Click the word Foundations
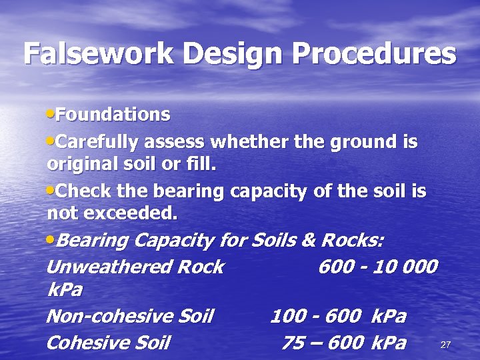113,115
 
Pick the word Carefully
97,142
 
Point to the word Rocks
353,239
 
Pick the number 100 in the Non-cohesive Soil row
287,315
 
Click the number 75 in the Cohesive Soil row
294,343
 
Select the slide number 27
446,345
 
